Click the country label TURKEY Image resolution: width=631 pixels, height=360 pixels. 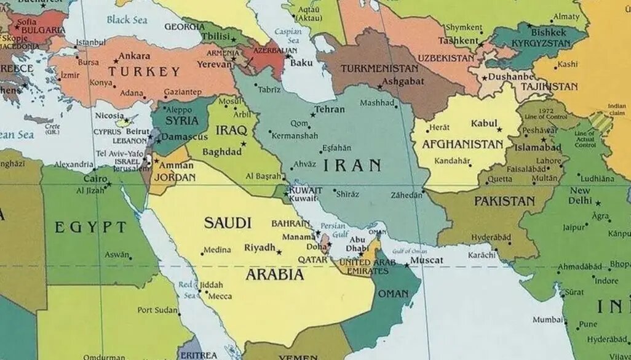tap(144, 71)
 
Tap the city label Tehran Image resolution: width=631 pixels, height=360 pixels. tap(330, 110)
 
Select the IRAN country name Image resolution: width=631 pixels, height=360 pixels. tap(352, 165)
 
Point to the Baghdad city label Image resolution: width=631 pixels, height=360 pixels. tap(221, 151)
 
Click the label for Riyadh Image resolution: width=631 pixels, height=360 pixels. tap(260, 247)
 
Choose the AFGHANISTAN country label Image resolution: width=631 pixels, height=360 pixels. tap(462, 145)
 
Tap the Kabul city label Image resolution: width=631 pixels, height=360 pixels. tap(483, 124)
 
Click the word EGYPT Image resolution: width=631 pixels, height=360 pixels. tap(90, 227)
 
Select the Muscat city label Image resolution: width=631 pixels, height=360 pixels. tap(427, 260)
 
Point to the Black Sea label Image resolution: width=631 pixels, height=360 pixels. tap(127, 20)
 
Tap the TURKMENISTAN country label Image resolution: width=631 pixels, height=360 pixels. tap(379, 68)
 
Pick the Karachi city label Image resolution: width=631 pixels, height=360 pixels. tap(481, 255)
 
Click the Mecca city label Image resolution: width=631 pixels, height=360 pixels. tap(220, 296)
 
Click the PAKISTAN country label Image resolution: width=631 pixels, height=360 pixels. tap(504, 201)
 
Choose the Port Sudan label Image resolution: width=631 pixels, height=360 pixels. tap(157, 310)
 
